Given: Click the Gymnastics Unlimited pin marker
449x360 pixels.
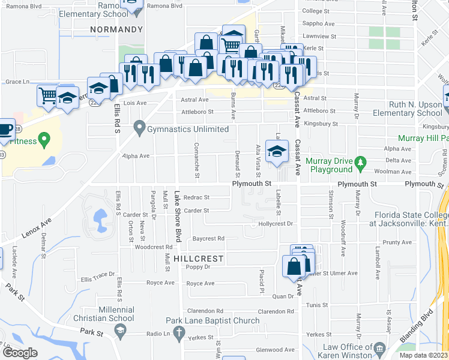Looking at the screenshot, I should click(140, 128).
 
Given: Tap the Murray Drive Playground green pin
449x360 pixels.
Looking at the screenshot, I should click(360, 162).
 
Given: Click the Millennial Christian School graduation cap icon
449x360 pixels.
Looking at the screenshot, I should click(120, 331).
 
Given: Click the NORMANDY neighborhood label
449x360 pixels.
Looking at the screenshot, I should click(116, 29).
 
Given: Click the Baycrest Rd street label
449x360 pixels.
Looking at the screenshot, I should click(208, 238).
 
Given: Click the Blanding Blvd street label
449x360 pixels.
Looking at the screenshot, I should click(424, 326).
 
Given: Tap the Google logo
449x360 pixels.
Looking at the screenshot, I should click(20, 353).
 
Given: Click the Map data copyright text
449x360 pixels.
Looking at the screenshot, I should click(423, 355).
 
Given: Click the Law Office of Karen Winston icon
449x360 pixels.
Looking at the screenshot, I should click(379, 348).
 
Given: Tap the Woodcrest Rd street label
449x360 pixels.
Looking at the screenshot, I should click(154, 247).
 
